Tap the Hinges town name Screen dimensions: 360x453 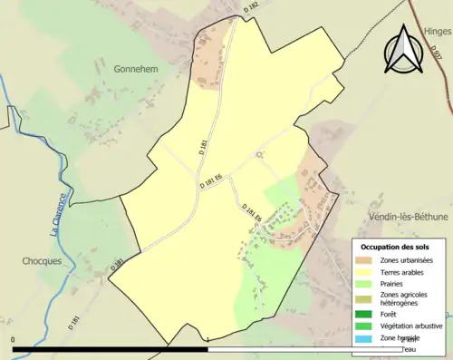click(437, 31)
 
